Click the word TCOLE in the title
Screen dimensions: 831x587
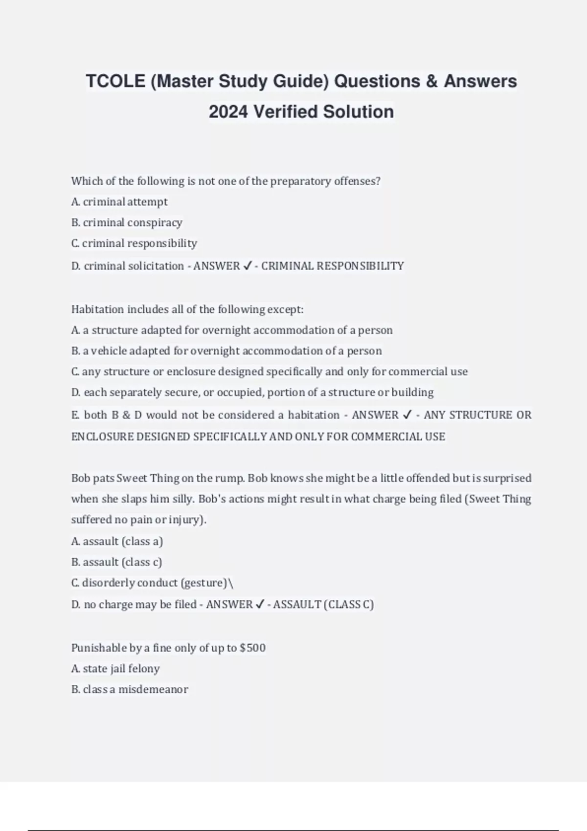click(115, 81)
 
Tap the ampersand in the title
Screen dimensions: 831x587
click(431, 81)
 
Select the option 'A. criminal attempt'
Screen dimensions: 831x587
click(119, 202)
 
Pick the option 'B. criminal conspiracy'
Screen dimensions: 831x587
click(127, 223)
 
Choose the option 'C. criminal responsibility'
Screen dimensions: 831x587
click(134, 243)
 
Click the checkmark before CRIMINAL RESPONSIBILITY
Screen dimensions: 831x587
click(247, 266)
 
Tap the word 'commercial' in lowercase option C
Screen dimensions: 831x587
click(417, 372)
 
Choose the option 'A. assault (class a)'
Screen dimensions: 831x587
click(117, 541)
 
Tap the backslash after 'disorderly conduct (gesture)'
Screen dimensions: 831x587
click(231, 583)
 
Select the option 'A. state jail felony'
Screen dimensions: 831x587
click(115, 669)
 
